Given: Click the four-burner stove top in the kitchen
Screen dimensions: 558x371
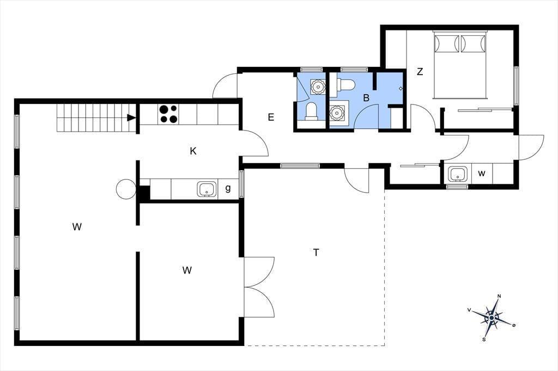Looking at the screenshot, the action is pyautogui.click(x=168, y=114).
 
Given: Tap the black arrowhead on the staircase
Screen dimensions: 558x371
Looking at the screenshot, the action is pyautogui.click(x=131, y=118).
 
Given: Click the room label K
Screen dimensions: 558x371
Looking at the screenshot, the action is pyautogui.click(x=193, y=151).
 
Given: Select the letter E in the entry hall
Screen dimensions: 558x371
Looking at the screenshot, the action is pyautogui.click(x=271, y=118).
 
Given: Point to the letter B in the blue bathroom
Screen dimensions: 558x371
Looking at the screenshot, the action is pyautogui.click(x=366, y=98).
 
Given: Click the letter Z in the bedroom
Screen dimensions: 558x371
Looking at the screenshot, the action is pyautogui.click(x=420, y=72).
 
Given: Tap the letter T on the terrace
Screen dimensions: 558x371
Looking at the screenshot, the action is pyautogui.click(x=316, y=252).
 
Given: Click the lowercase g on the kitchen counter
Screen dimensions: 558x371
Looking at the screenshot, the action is pyautogui.click(x=228, y=188).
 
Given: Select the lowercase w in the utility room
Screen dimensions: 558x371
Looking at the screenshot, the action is pyautogui.click(x=482, y=174).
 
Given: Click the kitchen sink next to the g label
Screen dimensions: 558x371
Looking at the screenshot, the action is pyautogui.click(x=207, y=189).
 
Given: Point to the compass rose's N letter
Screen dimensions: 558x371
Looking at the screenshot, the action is pyautogui.click(x=499, y=296).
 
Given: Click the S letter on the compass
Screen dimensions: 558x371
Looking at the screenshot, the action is pyautogui.click(x=484, y=340).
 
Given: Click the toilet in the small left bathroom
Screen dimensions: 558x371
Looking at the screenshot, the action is pyautogui.click(x=311, y=110).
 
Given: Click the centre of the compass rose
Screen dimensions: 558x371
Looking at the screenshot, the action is pyautogui.click(x=492, y=317).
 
